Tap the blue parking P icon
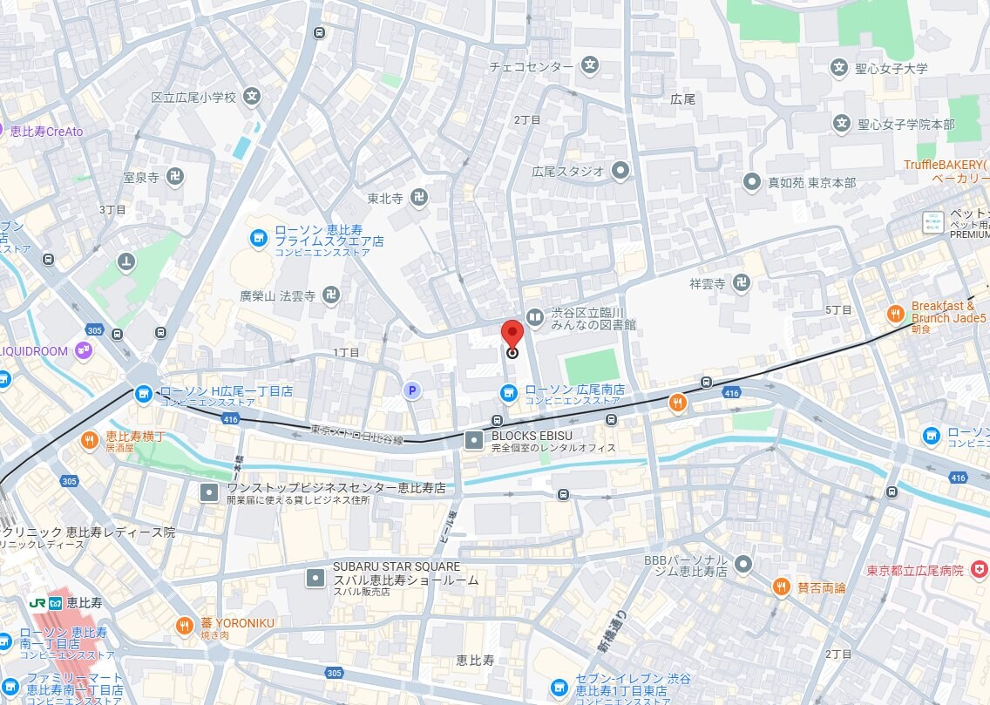[x=412, y=391]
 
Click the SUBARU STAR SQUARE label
[x=397, y=566]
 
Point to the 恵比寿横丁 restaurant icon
[x=89, y=441]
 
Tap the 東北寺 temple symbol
[x=419, y=198]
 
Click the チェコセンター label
[x=531, y=66]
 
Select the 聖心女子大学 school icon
[x=839, y=67]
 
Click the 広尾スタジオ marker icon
[x=620, y=171]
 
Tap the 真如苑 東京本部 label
[x=811, y=182]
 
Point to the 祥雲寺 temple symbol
[x=741, y=282]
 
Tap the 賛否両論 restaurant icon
[x=781, y=587]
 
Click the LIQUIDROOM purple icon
[x=84, y=350]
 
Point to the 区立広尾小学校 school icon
[x=252, y=97]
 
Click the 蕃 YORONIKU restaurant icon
[x=184, y=624]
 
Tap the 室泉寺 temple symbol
[x=175, y=176]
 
